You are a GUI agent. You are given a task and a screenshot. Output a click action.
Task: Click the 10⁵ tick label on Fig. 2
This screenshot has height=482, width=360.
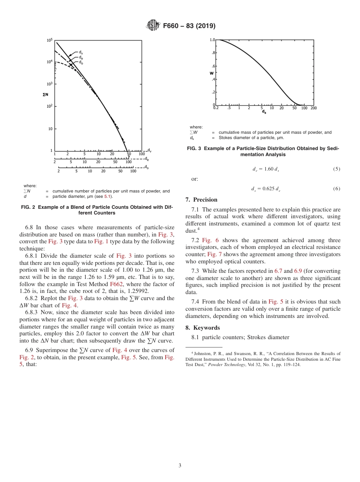tap(49, 40)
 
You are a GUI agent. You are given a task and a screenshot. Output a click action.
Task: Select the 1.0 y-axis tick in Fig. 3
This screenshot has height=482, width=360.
tap(212, 39)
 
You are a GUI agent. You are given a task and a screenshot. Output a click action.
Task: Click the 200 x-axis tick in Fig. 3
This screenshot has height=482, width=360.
tap(313, 108)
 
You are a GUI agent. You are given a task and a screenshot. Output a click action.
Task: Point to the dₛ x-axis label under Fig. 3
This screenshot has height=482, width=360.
tap(264, 112)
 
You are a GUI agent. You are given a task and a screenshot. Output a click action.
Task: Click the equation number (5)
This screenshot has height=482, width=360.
tap(337, 169)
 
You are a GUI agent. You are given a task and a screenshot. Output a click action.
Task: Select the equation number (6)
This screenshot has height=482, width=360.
tap(337, 189)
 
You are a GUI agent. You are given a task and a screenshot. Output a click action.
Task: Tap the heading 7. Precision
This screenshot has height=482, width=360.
tap(201, 200)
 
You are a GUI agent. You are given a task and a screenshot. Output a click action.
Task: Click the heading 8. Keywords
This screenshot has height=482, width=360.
tap(202, 327)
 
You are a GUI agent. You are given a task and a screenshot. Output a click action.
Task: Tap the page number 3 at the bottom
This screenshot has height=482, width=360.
tap(180, 465)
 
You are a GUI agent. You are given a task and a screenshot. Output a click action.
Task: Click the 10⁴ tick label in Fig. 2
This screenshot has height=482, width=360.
tap(49, 62)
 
